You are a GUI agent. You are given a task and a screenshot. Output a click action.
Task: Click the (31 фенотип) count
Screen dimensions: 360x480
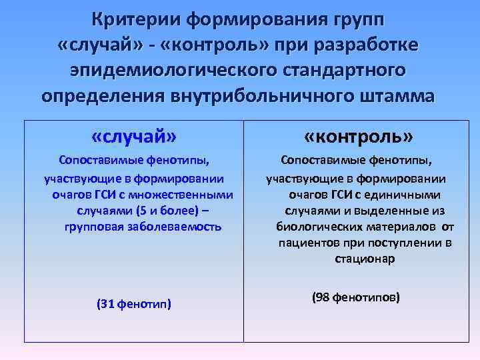pyautogui.click(x=134, y=304)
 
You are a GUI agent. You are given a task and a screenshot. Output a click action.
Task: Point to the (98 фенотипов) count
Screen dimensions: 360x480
pyautogui.click(x=356, y=297)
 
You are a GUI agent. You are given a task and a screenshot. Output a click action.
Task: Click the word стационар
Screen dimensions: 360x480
pyautogui.click(x=365, y=259)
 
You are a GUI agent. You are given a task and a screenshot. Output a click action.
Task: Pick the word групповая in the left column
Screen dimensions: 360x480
pyautogui.click(x=97, y=227)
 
